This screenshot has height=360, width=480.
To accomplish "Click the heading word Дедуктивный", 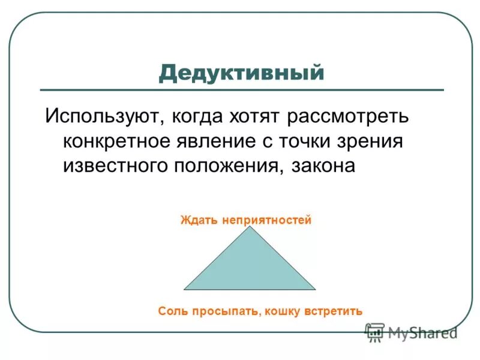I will (x=241, y=73).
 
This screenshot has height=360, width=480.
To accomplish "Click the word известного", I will (x=116, y=166).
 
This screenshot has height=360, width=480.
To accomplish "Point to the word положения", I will (x=227, y=166).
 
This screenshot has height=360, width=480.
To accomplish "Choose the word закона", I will (x=323, y=166).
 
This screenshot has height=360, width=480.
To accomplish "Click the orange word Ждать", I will (x=199, y=220).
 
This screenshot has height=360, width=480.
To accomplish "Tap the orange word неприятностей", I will (x=266, y=220).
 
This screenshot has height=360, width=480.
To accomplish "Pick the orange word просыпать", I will (x=226, y=311).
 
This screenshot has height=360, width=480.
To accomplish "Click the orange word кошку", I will (x=284, y=311).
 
